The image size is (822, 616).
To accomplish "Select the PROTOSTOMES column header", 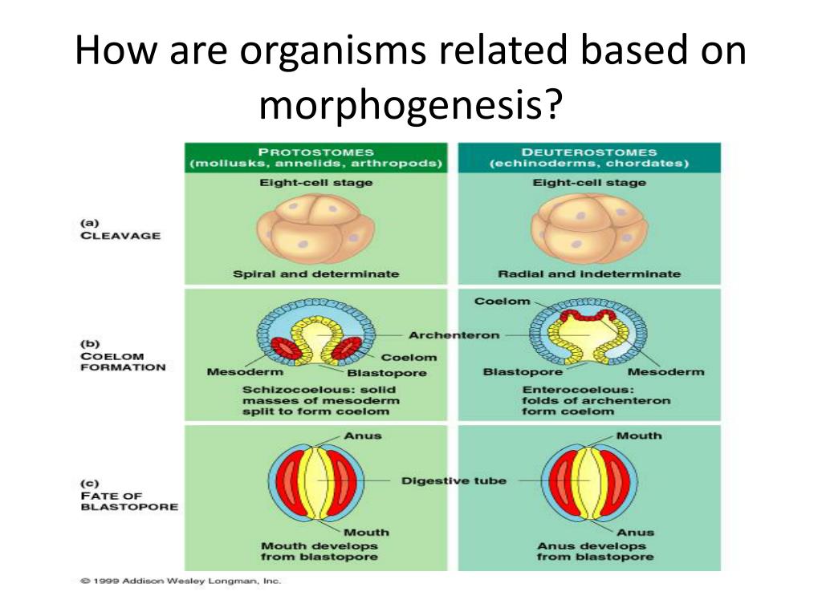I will [x=315, y=152].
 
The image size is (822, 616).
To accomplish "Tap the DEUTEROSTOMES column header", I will [x=588, y=152].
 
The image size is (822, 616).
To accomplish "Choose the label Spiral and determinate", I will [x=315, y=274].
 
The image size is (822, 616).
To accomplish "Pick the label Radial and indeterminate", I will [x=588, y=274].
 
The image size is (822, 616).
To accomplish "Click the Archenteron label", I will [x=454, y=335].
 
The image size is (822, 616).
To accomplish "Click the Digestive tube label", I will [x=454, y=481].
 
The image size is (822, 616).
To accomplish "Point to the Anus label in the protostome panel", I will [x=363, y=436].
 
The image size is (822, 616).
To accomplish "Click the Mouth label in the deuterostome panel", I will [x=639, y=436].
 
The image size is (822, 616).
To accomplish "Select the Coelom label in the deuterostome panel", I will [x=503, y=302].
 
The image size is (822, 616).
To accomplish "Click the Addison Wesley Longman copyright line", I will [x=181, y=582].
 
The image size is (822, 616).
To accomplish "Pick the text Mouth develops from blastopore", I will [x=319, y=551].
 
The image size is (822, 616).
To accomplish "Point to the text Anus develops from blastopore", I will [x=595, y=551].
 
